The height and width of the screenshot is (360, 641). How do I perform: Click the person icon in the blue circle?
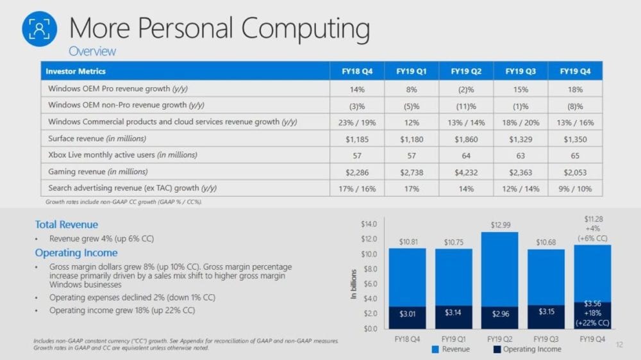40,29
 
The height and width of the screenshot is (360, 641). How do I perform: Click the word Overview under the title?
92,51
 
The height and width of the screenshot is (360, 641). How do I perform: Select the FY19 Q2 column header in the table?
466,70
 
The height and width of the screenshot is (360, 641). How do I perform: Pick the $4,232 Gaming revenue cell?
466,172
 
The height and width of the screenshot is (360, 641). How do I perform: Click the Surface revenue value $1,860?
466,138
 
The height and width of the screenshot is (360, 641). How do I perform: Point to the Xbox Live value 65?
575,155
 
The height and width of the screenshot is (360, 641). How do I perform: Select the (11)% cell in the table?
466,105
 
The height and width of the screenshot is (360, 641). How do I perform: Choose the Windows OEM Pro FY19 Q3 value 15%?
520,88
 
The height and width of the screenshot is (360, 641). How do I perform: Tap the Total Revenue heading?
67,225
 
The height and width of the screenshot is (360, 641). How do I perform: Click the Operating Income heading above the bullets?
76,253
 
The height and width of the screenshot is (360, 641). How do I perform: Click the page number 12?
619,345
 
